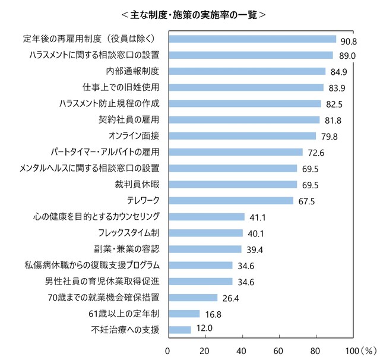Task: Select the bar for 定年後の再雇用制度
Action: tap(252, 39)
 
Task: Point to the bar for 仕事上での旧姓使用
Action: tap(246, 87)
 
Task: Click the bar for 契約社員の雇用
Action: tap(244, 120)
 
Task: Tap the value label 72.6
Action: tap(315, 153)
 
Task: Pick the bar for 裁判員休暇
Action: tap(233, 185)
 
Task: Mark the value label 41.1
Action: tap(257, 217)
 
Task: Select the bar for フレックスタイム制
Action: tap(205, 233)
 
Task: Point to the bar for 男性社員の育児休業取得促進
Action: tap(201, 281)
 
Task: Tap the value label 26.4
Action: tap(230, 298)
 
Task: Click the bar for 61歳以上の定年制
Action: tap(184, 314)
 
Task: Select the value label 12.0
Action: tap(203, 330)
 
